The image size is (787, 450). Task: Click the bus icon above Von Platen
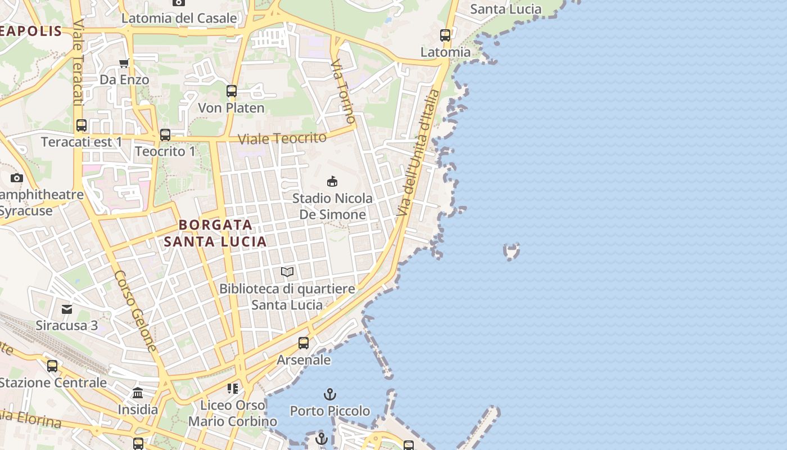[x=231, y=91]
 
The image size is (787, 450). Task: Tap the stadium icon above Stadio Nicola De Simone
[x=332, y=181]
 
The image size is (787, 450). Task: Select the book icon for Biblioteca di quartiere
[x=287, y=272]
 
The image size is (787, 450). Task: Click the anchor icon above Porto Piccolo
[x=330, y=394]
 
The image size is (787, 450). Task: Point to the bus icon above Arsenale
[x=304, y=343]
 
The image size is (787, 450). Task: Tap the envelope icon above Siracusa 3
[x=67, y=309]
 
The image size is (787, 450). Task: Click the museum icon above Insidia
[x=138, y=393]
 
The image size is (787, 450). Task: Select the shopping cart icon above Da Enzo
[x=124, y=63]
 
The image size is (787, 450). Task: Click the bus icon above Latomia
[x=445, y=35]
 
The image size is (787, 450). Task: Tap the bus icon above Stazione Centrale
[x=52, y=366]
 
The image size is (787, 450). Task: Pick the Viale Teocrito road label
[x=282, y=138]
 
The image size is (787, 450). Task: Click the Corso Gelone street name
[x=135, y=310]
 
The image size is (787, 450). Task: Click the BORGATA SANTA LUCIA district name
[x=215, y=233]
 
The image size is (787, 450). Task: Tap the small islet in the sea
[x=511, y=251]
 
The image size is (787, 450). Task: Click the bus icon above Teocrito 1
[x=165, y=135]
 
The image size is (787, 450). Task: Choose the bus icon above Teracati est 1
[x=82, y=125]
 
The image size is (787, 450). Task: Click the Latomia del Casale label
[x=179, y=18]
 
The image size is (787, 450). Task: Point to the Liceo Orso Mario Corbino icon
[x=233, y=388]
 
